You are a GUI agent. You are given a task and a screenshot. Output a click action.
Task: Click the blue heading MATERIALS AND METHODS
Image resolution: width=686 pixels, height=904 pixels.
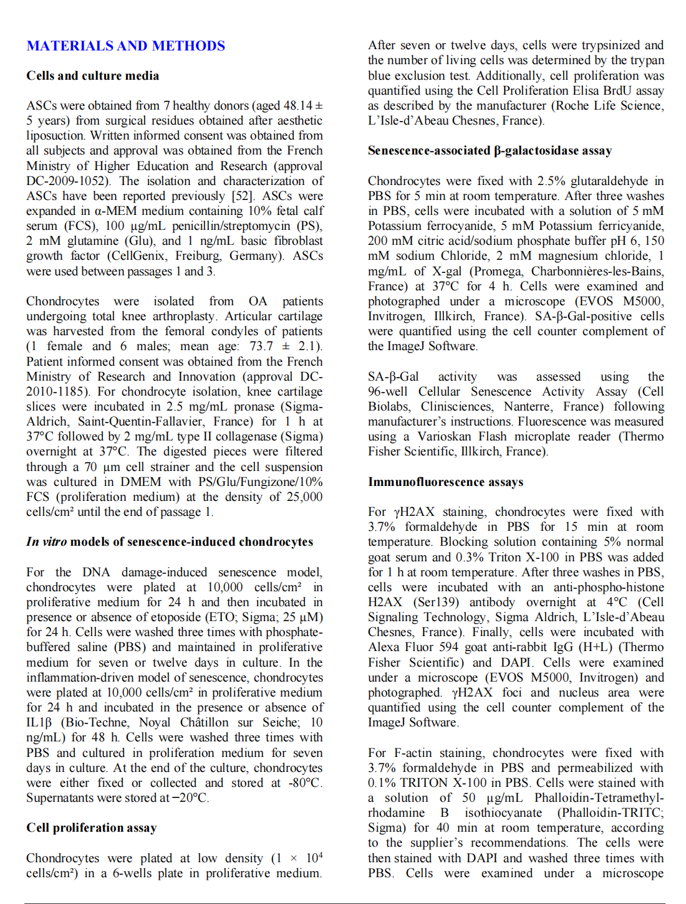pos(125,46)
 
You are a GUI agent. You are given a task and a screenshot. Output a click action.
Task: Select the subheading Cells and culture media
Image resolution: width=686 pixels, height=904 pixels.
pos(92,76)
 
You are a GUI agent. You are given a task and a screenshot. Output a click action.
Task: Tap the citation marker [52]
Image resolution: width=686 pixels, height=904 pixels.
pos(243,196)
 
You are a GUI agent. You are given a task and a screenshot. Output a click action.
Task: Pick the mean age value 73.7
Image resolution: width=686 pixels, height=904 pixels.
pos(261,346)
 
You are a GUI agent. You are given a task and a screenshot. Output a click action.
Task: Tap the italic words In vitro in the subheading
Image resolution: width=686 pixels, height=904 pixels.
pos(46,542)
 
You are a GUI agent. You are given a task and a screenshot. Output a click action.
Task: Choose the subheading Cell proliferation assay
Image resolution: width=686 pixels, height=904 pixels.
pos(91,828)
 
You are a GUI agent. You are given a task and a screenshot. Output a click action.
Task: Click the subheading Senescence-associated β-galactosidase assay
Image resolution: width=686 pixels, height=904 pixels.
pos(490,151)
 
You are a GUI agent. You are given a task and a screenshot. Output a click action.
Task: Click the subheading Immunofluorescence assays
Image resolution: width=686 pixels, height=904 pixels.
pos(445,482)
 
